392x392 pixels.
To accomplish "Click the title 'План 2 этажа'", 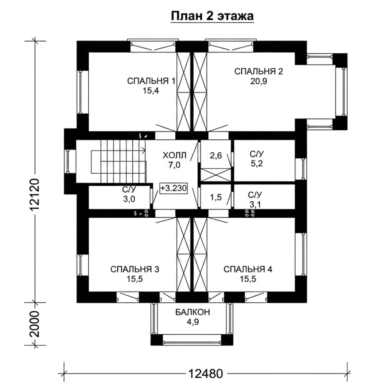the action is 212,16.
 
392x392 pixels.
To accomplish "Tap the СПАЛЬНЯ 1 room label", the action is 151,81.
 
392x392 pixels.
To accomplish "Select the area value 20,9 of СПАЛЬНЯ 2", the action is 259,81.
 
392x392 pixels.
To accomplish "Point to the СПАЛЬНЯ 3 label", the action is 135,269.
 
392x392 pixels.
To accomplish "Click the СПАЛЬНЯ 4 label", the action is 248,269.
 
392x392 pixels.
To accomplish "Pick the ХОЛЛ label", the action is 174,155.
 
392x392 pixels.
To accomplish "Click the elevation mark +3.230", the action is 174,188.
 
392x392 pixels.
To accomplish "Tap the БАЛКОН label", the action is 193,312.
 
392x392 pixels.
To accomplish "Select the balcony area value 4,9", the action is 193,322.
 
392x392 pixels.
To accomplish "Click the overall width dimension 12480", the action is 206,374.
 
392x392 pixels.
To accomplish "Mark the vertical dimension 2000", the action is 34,324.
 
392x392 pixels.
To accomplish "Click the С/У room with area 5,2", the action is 264,160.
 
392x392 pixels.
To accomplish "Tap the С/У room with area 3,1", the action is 264,197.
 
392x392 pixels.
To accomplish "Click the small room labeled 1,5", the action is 216,197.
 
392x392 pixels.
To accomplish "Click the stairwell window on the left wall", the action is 67,161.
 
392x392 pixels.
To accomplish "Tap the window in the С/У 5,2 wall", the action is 303,169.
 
